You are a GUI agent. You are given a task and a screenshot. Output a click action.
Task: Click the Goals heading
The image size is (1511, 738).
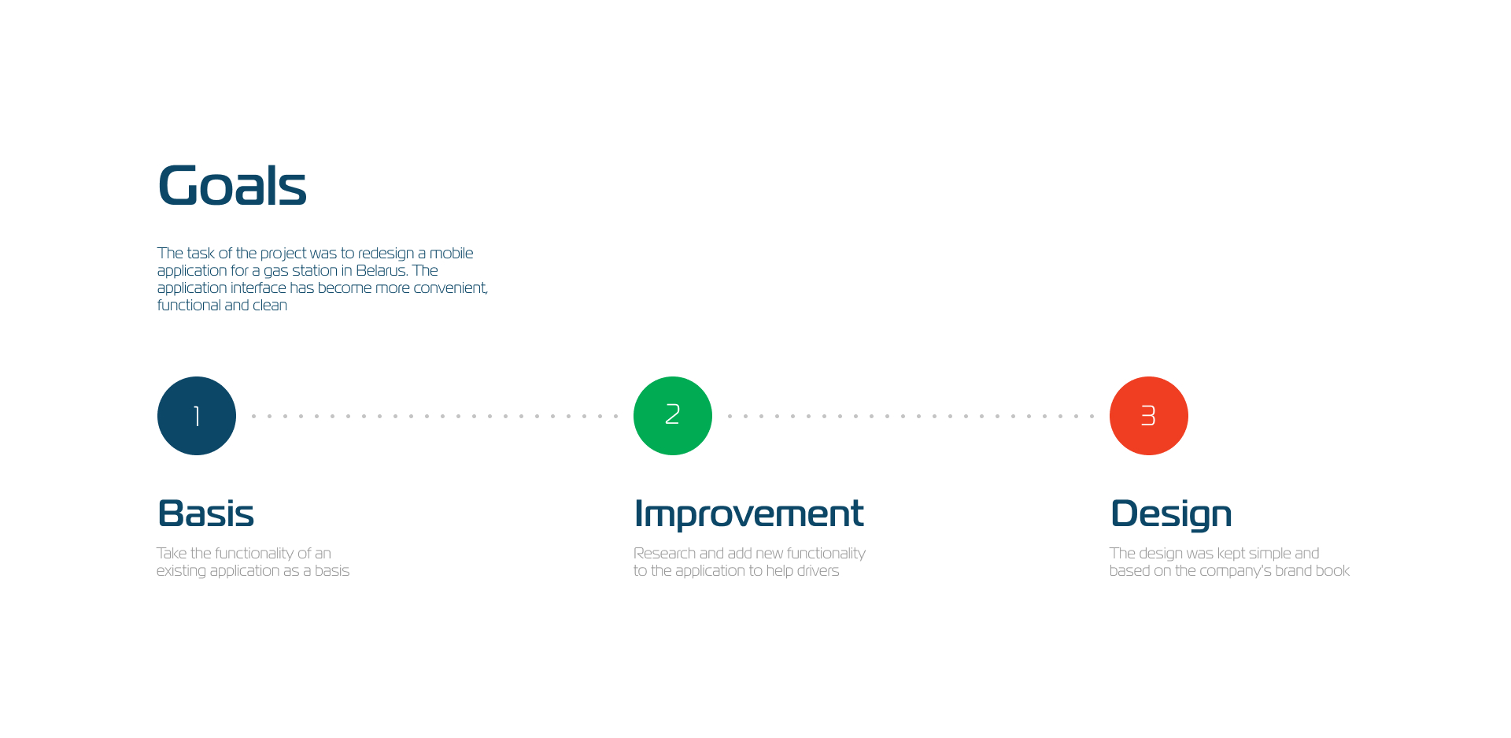[232, 186]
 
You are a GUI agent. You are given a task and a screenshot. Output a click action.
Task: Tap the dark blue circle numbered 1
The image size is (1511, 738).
[197, 416]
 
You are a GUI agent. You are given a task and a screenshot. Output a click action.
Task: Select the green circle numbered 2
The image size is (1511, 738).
[673, 416]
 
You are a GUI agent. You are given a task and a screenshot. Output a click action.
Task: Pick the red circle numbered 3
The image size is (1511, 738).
[1149, 416]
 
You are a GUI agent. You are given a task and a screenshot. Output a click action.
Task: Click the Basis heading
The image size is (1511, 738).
[206, 514]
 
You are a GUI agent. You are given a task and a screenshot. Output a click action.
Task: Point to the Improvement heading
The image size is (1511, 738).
[748, 514]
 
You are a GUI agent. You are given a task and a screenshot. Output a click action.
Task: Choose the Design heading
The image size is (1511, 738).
[1171, 514]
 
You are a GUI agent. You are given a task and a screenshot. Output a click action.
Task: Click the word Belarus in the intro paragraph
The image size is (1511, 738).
[381, 271]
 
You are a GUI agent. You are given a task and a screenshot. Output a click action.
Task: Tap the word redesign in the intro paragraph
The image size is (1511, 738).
[386, 254]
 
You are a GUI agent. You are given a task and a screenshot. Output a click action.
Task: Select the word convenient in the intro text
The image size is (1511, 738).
[451, 288]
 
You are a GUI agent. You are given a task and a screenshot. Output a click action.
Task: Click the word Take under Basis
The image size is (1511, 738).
[172, 554]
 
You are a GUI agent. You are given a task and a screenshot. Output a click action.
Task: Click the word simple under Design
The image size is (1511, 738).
[1269, 554]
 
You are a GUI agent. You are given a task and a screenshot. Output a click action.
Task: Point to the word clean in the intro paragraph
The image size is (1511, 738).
[270, 306]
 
